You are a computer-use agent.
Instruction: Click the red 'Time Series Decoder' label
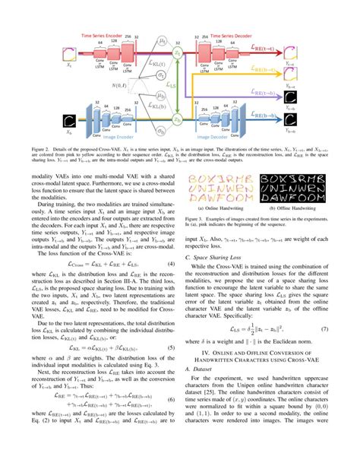tap(240, 36)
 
